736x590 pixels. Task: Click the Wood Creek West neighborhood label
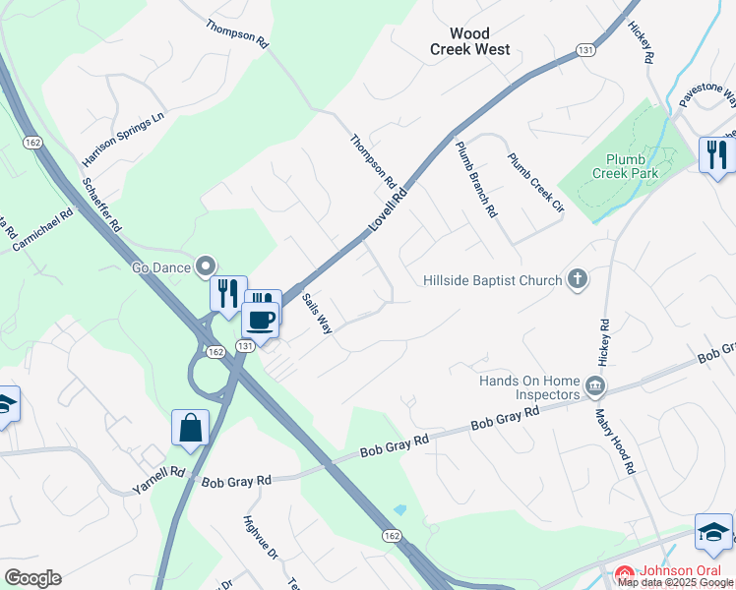[469, 41]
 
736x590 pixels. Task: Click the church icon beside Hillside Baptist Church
[578, 280]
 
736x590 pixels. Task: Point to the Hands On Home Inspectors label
[528, 387]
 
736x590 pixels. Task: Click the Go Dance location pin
[206, 265]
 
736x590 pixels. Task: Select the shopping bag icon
[190, 428]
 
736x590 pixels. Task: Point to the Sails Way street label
[318, 314]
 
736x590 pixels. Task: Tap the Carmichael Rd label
[42, 229]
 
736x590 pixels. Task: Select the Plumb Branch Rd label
[476, 178]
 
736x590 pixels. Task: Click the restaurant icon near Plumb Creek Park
[716, 154]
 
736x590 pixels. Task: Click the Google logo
[32, 578]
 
